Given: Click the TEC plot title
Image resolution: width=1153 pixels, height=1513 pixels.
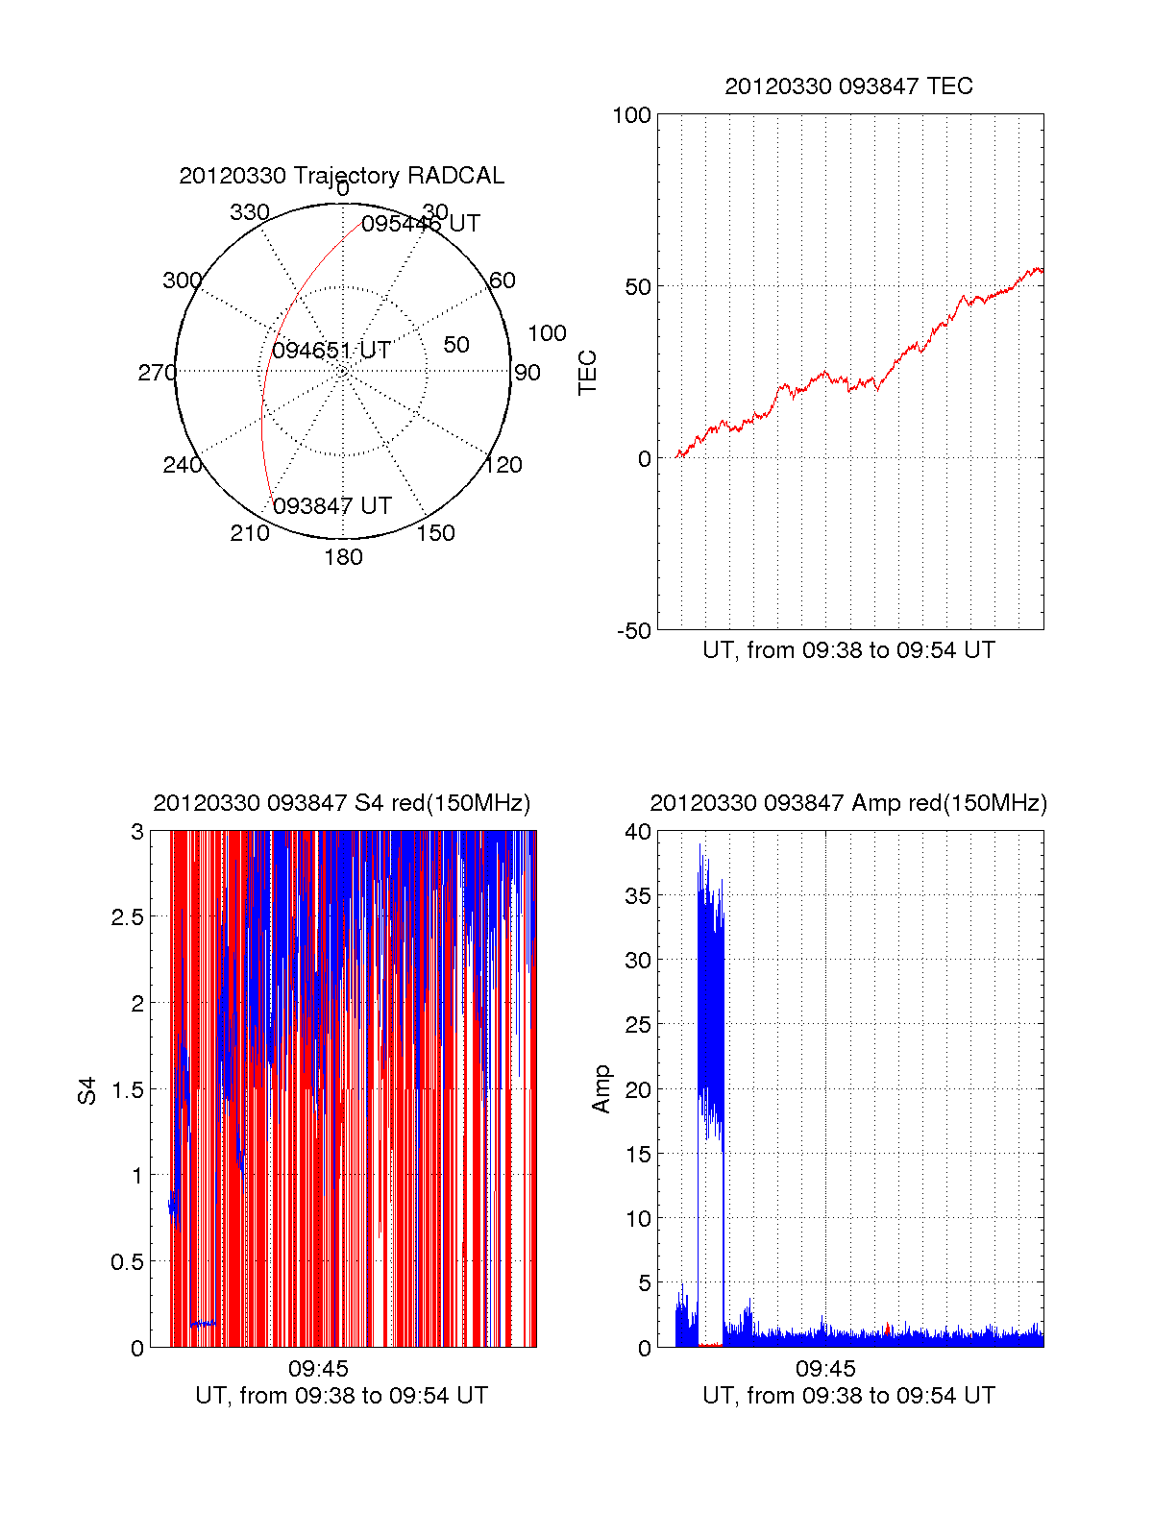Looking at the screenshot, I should (x=848, y=86).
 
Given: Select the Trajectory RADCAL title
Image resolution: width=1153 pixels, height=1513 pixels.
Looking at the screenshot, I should (x=341, y=176).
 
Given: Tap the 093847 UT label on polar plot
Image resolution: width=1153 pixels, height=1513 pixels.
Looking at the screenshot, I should (x=332, y=506).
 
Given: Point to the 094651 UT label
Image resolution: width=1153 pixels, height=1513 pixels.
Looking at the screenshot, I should (x=331, y=351).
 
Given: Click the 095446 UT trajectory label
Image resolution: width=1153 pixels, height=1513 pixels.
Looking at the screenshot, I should (x=421, y=224).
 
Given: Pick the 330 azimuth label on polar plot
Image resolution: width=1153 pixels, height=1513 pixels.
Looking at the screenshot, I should (x=249, y=212).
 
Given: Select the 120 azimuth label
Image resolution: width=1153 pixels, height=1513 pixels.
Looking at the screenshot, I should (x=503, y=465).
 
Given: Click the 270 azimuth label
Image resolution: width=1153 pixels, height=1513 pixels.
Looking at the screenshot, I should (x=157, y=373).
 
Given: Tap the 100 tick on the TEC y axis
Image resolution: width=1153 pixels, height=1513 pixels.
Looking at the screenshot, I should (x=631, y=116).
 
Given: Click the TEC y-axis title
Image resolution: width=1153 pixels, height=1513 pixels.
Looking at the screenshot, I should (x=588, y=373).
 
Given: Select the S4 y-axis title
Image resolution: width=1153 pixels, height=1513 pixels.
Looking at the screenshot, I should (x=87, y=1090).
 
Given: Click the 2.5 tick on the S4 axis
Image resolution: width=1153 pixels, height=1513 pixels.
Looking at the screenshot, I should (x=127, y=917).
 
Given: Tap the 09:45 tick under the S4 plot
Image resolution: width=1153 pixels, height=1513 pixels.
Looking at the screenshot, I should (x=318, y=1368).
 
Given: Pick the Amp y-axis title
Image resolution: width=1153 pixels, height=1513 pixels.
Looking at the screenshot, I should (x=601, y=1089).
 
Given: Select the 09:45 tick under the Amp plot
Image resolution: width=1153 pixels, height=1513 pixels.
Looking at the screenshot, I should (x=825, y=1368).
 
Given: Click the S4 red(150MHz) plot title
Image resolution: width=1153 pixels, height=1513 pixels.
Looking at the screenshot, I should (x=341, y=803).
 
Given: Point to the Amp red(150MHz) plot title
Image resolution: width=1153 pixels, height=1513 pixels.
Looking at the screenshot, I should (x=848, y=803).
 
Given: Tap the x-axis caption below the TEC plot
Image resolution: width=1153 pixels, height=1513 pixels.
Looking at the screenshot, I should (x=848, y=650).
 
